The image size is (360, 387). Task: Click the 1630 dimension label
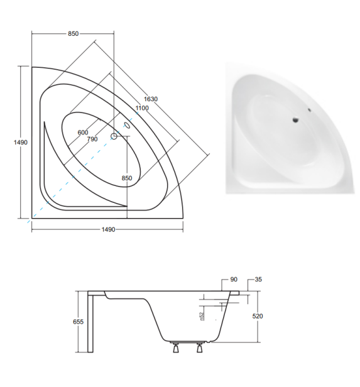(x=151, y=99)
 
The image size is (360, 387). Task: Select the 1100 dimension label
(x=142, y=108)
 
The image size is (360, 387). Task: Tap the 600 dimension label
(x=83, y=133)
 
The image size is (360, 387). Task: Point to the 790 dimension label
(x=92, y=139)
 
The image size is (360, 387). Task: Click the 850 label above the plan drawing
(x=74, y=33)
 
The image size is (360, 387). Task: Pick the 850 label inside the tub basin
(x=127, y=178)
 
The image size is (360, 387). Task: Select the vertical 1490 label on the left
(x=21, y=143)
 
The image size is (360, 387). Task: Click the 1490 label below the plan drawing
(x=108, y=230)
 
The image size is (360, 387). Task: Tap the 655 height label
(x=78, y=322)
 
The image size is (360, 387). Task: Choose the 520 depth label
(x=258, y=316)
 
